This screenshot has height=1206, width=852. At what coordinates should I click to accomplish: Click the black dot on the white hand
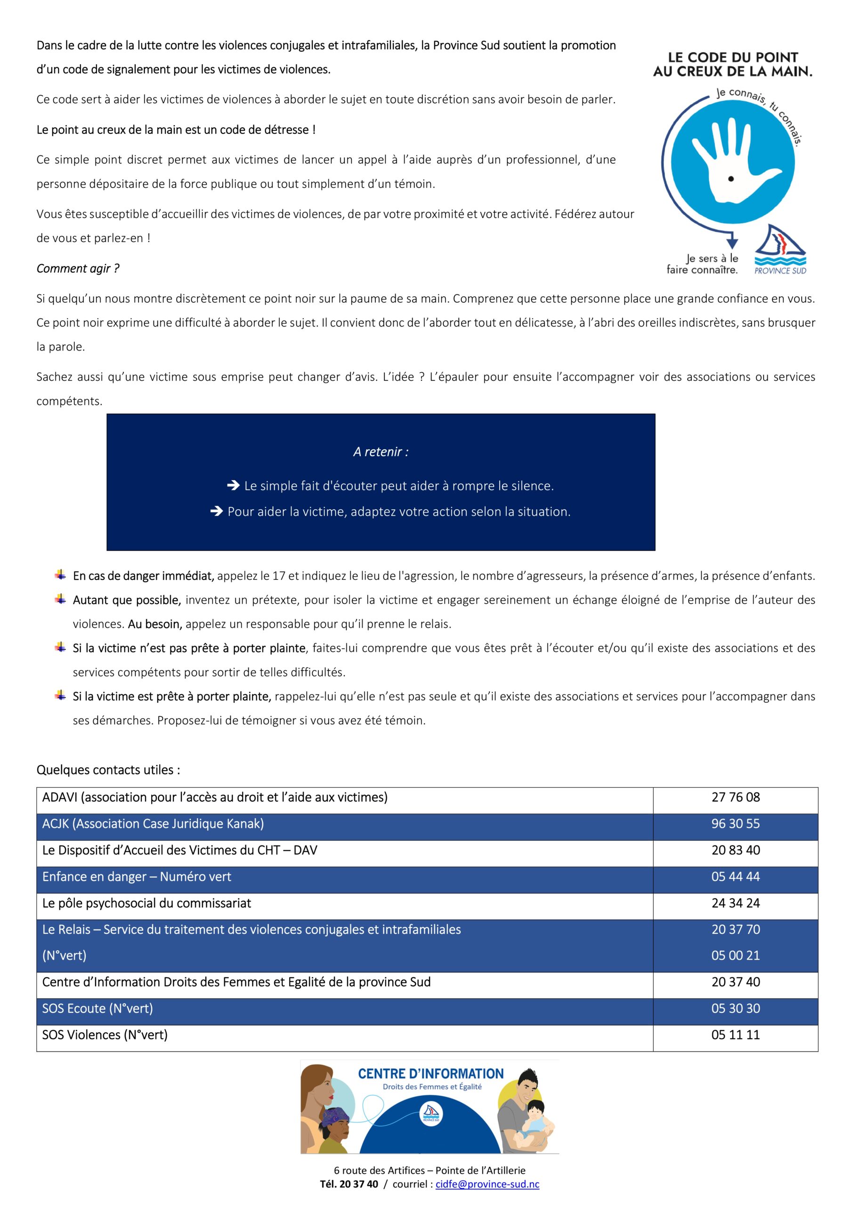[x=730, y=179]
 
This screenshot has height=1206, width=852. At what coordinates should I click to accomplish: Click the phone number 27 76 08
[x=735, y=798]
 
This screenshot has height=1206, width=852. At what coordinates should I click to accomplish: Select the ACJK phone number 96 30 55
[x=735, y=823]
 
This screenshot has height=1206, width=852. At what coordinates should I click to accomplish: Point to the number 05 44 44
[x=735, y=876]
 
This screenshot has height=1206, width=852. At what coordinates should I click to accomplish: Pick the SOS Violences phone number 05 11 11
[x=735, y=1035]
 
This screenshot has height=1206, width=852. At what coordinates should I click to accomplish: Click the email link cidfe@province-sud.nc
[x=487, y=1184]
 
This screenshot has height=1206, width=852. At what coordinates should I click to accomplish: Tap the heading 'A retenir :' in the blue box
[x=381, y=452]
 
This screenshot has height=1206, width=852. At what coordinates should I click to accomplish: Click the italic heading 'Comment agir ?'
[x=78, y=269]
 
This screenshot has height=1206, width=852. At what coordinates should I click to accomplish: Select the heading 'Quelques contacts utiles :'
[x=108, y=770]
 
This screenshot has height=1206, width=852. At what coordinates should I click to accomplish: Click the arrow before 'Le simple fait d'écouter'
[x=233, y=486]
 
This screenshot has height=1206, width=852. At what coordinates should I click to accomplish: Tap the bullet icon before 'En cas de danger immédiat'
[x=60, y=575]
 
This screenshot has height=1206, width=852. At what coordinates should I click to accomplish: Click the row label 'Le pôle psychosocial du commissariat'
[x=146, y=903]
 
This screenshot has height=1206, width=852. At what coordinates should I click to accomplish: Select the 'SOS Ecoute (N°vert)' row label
[x=97, y=1009]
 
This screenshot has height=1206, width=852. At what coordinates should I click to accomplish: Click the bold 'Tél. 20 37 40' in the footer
[x=349, y=1184]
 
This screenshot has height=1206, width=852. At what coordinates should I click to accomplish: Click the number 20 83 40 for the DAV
[x=735, y=850]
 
